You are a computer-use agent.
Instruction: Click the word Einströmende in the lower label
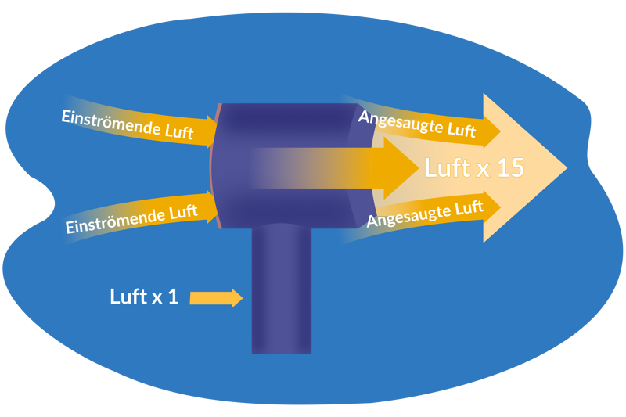pos(104,221)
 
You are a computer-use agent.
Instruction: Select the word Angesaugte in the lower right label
pos(404,215)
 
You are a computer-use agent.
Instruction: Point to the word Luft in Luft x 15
pos(447,167)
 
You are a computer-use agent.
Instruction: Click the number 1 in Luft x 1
pos(173,297)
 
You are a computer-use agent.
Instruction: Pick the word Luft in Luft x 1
pos(128,297)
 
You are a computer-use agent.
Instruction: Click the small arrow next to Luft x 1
pos(216,297)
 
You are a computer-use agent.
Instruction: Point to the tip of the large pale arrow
pos(564,167)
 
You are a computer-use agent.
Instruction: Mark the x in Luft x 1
pos(156,298)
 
